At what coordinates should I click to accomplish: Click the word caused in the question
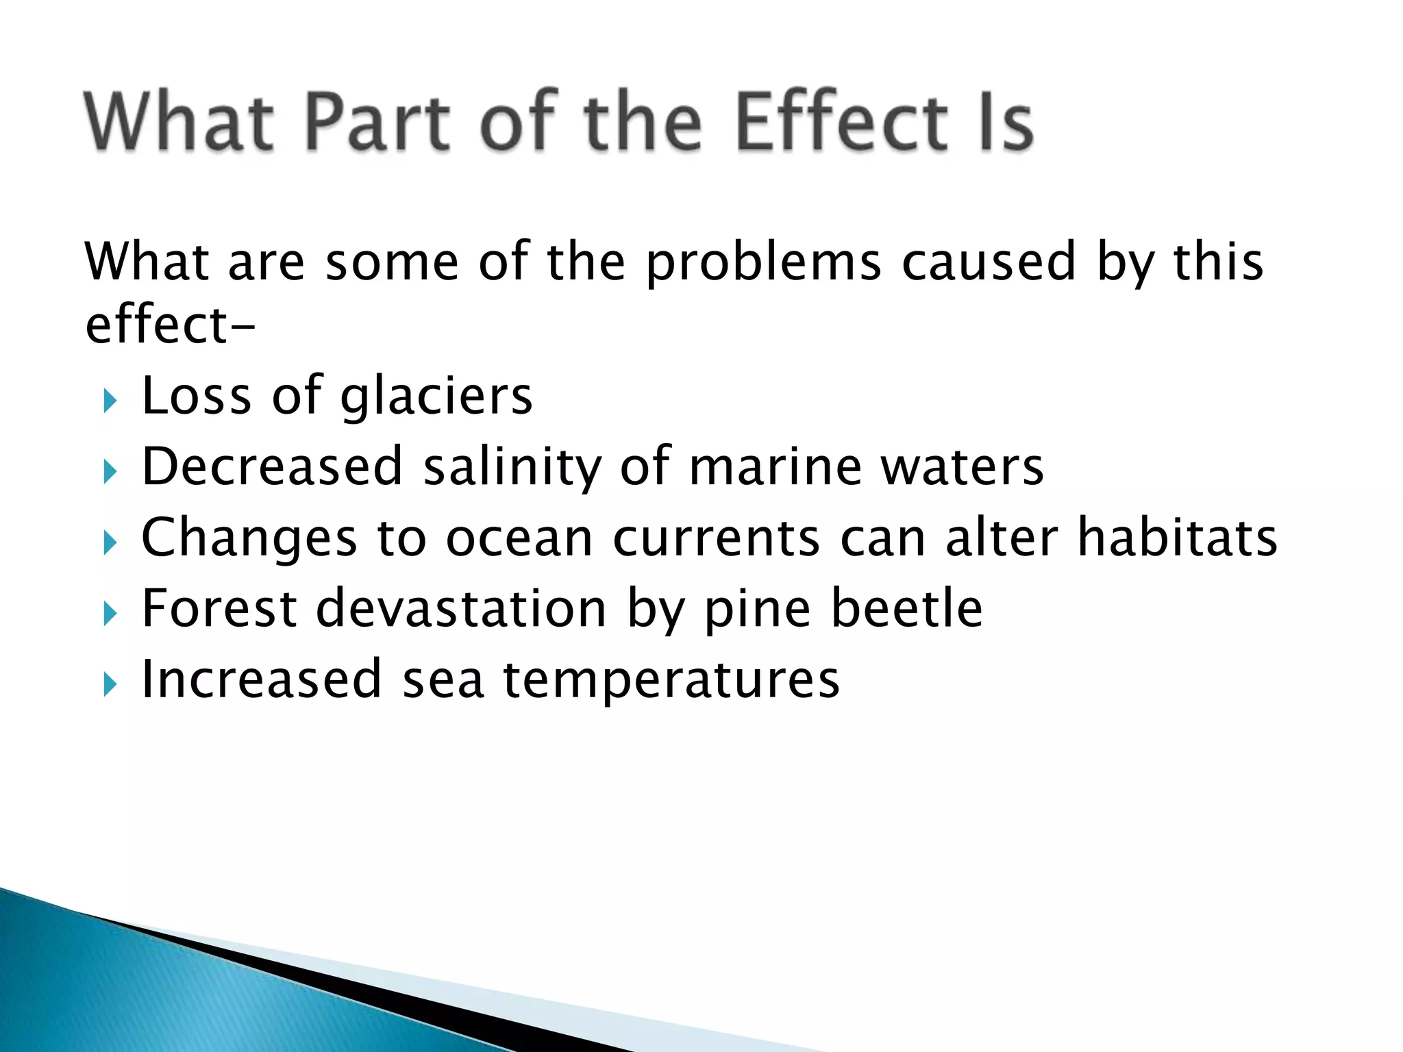(989, 262)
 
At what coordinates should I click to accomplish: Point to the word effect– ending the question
(170, 325)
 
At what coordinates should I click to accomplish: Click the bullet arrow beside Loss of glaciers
(110, 400)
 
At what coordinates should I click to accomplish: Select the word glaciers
(436, 397)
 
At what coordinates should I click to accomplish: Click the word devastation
(461, 609)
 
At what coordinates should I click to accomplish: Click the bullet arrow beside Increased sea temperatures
(110, 684)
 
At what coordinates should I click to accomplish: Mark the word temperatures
(671, 681)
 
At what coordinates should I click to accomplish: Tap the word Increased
(261, 679)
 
